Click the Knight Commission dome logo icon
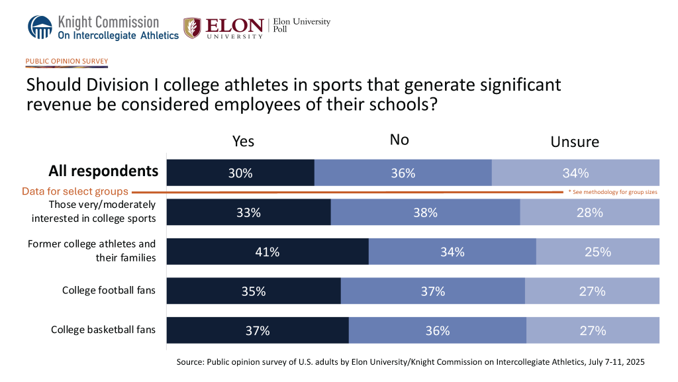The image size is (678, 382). point(40,27)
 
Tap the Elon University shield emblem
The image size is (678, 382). point(192,28)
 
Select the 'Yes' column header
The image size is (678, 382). point(243,141)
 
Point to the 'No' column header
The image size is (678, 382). point(399,139)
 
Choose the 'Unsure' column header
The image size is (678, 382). point(575,142)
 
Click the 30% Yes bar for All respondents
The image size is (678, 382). point(240,173)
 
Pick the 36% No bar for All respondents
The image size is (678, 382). point(403,173)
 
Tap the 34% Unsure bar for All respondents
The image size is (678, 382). point(575,173)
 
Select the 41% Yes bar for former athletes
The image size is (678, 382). point(267,252)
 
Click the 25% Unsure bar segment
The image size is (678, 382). point(597,252)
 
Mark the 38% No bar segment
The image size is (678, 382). point(425,213)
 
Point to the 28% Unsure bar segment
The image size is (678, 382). point(589,213)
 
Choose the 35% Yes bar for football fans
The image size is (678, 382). point(254,291)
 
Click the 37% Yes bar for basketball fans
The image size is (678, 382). point(258,330)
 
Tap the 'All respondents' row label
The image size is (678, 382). point(103,171)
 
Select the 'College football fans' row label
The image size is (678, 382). point(109,291)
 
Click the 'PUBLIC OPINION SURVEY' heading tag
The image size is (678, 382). point(66,62)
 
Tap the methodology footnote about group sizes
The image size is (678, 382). point(612,192)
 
